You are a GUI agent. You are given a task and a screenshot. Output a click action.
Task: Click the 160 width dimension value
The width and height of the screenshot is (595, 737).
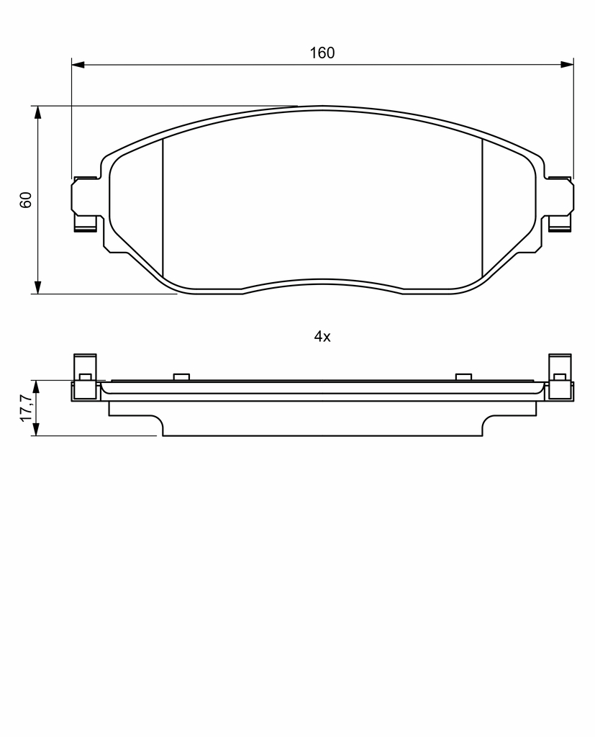(x=322, y=53)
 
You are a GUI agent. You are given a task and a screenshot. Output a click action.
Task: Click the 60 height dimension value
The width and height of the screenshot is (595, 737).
(x=26, y=200)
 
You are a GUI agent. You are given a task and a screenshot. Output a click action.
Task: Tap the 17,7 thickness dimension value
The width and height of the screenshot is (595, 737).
(x=26, y=407)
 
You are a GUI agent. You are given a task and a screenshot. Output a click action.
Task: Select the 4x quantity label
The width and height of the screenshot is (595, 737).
(x=322, y=337)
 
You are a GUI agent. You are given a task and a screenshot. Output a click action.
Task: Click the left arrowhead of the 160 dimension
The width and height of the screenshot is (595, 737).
(x=78, y=64)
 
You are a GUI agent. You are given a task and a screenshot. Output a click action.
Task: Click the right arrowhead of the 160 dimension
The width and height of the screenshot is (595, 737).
(x=567, y=64)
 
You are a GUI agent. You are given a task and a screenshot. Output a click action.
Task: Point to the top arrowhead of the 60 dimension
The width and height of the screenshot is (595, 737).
(x=37, y=112)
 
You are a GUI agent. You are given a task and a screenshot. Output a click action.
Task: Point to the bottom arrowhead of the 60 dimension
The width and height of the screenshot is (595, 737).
(x=37, y=288)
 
